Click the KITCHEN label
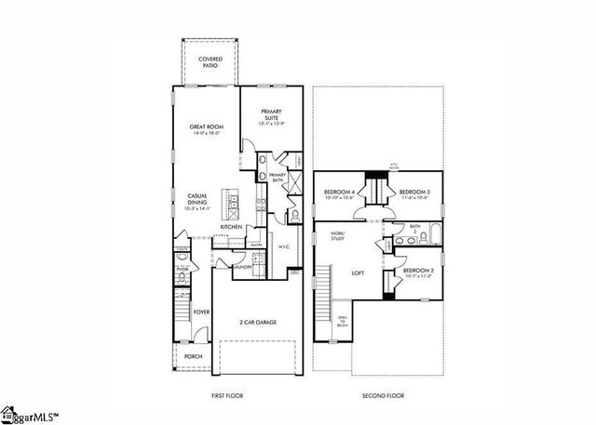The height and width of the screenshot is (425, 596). pos(231,227)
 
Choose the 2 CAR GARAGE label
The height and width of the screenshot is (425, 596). pos(256,323)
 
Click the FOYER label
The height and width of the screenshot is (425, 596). pos(200,312)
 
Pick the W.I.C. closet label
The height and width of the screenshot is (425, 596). pos(285,246)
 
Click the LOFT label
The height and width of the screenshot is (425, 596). pos(356,273)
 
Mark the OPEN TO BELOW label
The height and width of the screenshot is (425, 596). pos(342,322)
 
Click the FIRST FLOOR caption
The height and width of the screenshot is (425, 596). pos(228,396)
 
